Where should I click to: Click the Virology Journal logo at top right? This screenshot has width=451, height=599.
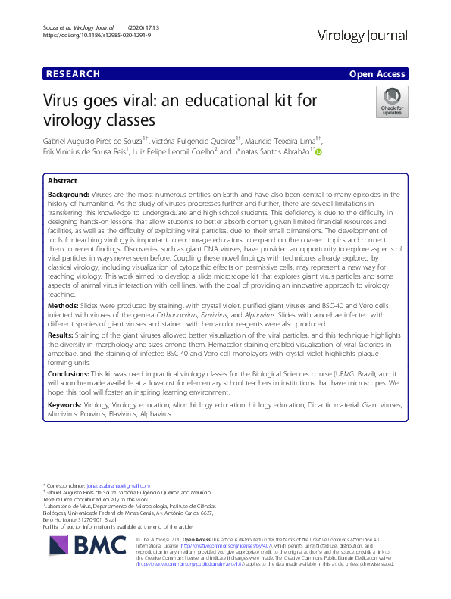364,36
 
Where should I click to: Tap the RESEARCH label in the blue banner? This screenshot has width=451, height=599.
73,74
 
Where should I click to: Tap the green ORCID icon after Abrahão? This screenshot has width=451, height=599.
318,152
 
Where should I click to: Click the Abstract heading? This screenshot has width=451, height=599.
62,182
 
